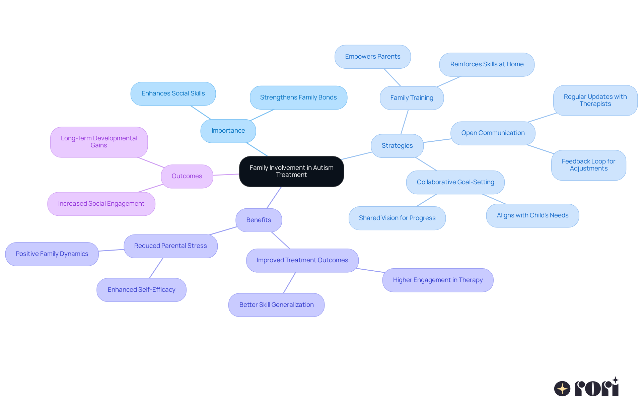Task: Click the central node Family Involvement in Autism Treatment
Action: click(291, 171)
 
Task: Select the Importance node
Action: click(228, 131)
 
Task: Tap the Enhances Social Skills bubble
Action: click(173, 93)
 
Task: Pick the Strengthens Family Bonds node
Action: click(298, 97)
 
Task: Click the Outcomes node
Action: click(187, 176)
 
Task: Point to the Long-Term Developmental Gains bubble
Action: click(99, 142)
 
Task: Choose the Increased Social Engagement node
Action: click(101, 204)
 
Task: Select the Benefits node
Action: click(259, 220)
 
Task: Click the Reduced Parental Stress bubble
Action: click(170, 246)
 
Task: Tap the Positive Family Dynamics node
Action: click(52, 254)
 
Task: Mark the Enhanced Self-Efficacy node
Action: click(141, 290)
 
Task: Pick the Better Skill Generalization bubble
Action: click(276, 305)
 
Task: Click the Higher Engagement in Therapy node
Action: click(438, 280)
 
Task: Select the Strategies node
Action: click(397, 146)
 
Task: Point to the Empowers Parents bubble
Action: click(372, 57)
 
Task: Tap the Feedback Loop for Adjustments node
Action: click(588, 165)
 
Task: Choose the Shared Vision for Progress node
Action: click(397, 218)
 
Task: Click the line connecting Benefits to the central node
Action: click(274, 198)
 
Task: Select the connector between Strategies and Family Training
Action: click(405, 122)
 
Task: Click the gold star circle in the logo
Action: click(562, 389)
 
